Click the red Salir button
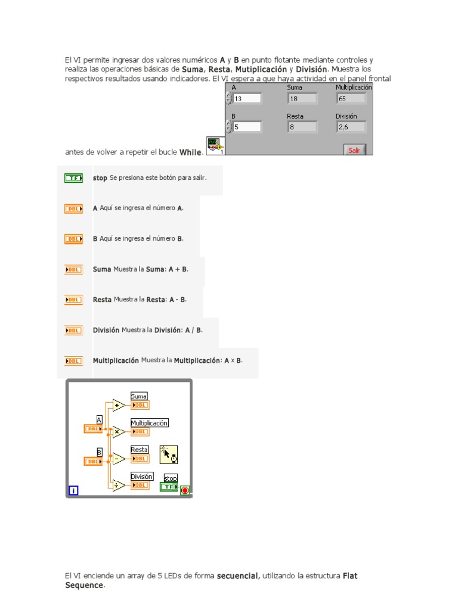[354, 150]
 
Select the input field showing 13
[247, 99]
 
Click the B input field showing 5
[247, 126]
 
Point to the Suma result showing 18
[302, 99]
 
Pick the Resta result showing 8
[302, 126]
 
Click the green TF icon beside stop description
[73, 178]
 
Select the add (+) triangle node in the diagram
[118, 406]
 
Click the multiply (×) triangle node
[118, 432]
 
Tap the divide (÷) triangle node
[118, 485]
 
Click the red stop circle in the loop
[185, 491]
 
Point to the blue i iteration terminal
[73, 491]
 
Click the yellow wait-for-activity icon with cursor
[169, 455]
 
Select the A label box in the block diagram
[99, 419]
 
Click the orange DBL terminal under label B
[93, 461]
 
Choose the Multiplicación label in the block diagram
[149, 423]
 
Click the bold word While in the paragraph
[191, 152]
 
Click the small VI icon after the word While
[214, 145]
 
